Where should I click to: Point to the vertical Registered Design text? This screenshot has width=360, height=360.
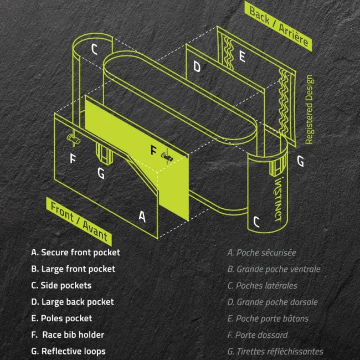(310, 109)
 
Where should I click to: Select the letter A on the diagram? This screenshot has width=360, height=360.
(142, 217)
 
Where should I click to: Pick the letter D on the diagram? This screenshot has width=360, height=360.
(197, 67)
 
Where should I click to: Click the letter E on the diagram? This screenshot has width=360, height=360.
(242, 56)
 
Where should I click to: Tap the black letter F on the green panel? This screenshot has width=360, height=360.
(153, 150)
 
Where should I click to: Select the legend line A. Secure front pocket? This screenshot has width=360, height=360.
(75, 253)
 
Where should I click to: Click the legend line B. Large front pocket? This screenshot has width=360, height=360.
(73, 269)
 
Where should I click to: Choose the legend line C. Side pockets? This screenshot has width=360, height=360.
(61, 286)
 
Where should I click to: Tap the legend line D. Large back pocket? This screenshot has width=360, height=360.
(73, 302)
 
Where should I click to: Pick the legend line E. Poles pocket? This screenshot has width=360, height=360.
(61, 318)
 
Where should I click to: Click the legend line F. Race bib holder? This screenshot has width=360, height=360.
(68, 335)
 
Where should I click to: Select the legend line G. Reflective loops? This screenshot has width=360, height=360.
(68, 351)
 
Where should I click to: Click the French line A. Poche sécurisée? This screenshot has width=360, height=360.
(261, 253)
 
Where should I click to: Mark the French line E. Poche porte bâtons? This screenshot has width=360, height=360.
(268, 318)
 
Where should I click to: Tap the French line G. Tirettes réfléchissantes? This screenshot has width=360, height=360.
(275, 351)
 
